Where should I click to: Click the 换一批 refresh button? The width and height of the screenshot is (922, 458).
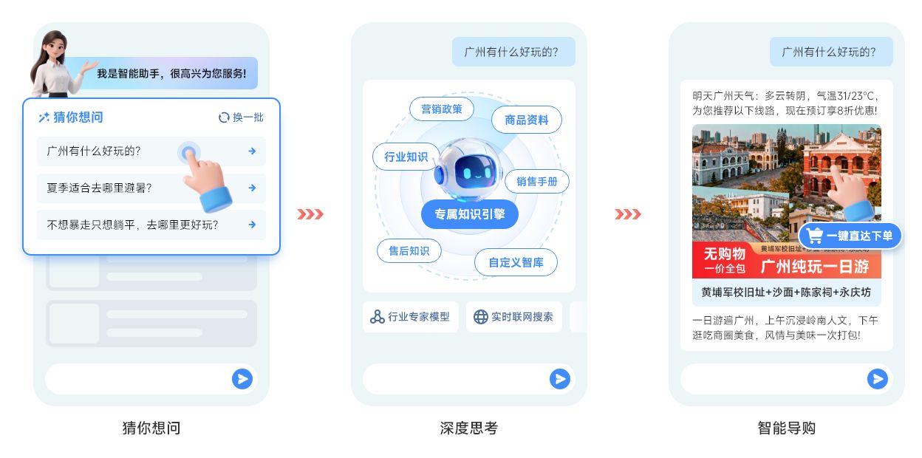241,117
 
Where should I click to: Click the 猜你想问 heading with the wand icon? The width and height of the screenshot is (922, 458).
71,117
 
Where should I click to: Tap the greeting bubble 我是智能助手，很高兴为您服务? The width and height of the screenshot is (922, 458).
171,74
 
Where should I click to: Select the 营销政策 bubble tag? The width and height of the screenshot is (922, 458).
442,109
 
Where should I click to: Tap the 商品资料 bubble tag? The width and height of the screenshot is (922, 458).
526,120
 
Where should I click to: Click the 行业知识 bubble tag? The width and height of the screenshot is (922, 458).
406,157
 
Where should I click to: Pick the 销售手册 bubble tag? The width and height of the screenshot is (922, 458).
537,181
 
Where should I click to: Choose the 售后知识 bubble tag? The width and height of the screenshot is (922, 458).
409,250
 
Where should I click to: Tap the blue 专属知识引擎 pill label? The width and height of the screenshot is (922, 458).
469,214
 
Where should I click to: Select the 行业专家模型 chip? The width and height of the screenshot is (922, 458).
411,317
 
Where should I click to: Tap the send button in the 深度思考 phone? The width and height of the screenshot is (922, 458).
560,379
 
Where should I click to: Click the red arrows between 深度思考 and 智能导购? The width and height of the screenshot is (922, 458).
628,214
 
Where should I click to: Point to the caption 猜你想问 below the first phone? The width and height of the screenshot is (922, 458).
151,428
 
